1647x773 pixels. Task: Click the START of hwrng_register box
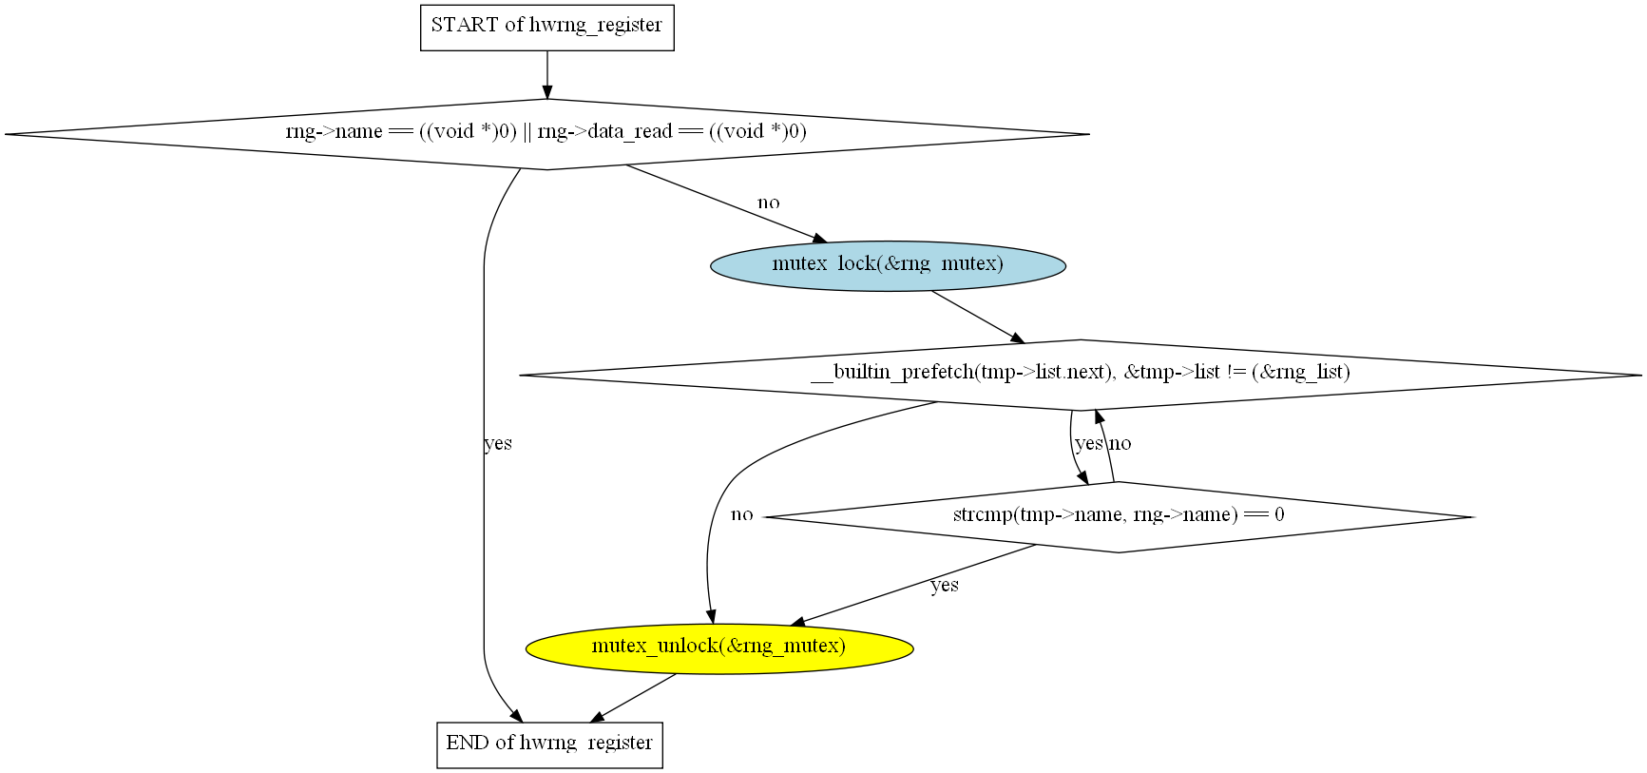click(546, 27)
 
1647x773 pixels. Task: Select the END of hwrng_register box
click(549, 744)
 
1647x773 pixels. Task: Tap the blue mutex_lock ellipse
click(888, 265)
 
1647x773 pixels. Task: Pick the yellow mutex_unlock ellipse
click(718, 648)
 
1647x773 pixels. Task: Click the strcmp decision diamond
click(1119, 516)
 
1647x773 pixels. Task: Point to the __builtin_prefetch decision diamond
click(1080, 375)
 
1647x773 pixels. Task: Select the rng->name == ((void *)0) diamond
click(546, 134)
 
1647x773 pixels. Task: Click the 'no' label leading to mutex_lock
click(768, 203)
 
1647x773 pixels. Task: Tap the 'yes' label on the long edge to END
click(498, 443)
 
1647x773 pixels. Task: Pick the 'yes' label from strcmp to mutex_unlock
click(944, 585)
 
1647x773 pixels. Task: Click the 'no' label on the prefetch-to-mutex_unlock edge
click(741, 514)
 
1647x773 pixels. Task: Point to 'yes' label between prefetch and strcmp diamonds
click(1088, 444)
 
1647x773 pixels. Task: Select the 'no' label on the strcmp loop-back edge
click(1120, 444)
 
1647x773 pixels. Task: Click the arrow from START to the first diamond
click(546, 75)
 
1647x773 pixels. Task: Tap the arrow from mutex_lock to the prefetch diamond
click(977, 316)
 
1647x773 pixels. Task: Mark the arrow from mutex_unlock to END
click(634, 698)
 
